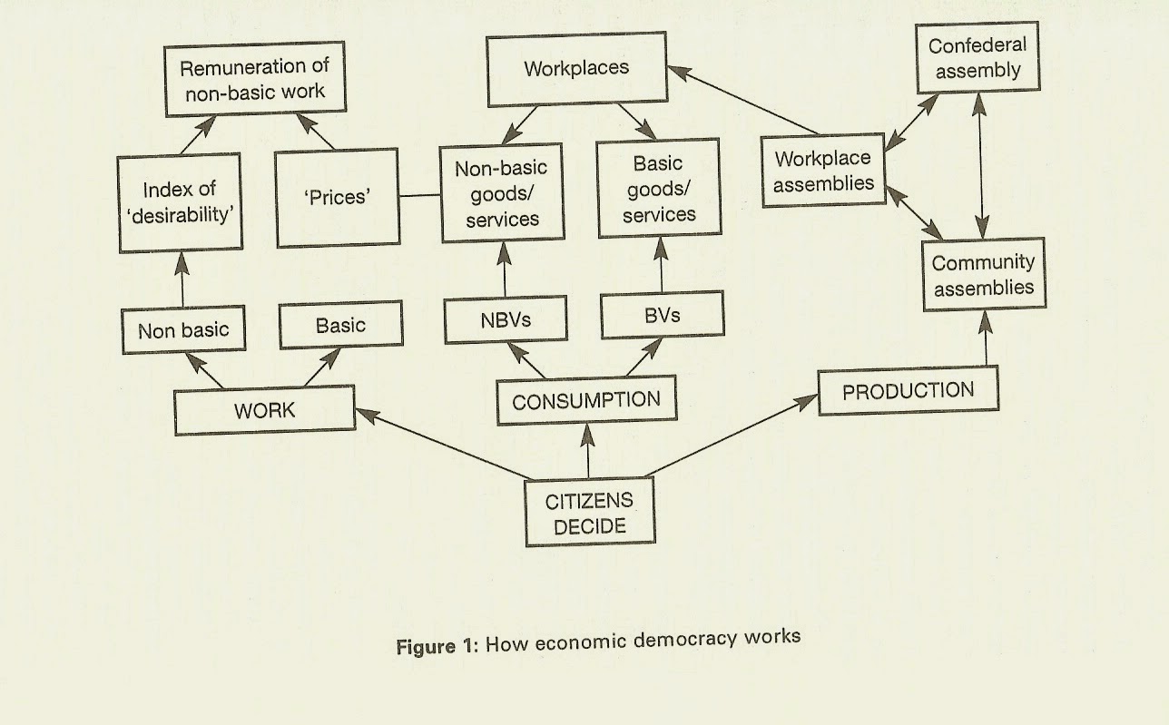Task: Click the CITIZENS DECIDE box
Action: tap(588, 513)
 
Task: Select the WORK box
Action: tap(265, 410)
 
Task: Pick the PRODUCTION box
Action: tap(908, 391)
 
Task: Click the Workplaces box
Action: tap(576, 70)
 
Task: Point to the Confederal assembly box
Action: tap(976, 58)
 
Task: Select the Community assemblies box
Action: tap(983, 275)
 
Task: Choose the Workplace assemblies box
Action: tap(822, 171)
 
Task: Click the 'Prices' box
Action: tap(338, 197)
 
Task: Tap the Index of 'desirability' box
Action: tap(180, 202)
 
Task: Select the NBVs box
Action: tap(505, 319)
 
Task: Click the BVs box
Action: tap(663, 316)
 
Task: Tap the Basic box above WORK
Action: tap(340, 326)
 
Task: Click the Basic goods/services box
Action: tap(659, 190)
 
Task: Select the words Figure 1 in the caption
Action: tap(437, 646)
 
